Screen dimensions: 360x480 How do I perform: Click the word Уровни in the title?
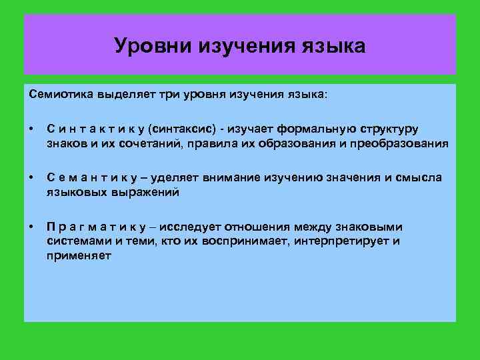click(153, 46)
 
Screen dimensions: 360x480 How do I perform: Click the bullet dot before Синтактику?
click(31, 129)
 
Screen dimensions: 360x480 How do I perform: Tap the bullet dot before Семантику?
click(31, 178)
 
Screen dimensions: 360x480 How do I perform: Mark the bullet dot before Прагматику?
click(31, 227)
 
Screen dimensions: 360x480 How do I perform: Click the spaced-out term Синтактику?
click(95, 129)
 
